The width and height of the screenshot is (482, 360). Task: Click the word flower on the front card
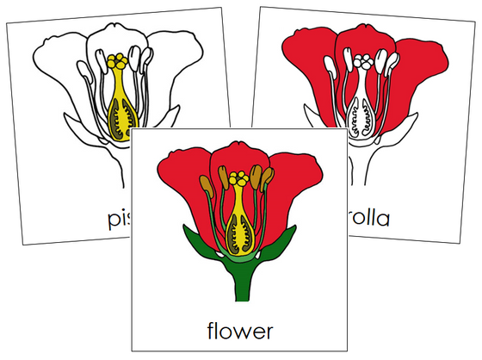pyautogui.click(x=240, y=329)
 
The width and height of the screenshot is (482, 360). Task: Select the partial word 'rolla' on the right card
pyautogui.click(x=367, y=219)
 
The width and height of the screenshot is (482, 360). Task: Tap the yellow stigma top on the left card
pyautogui.click(x=116, y=61)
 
